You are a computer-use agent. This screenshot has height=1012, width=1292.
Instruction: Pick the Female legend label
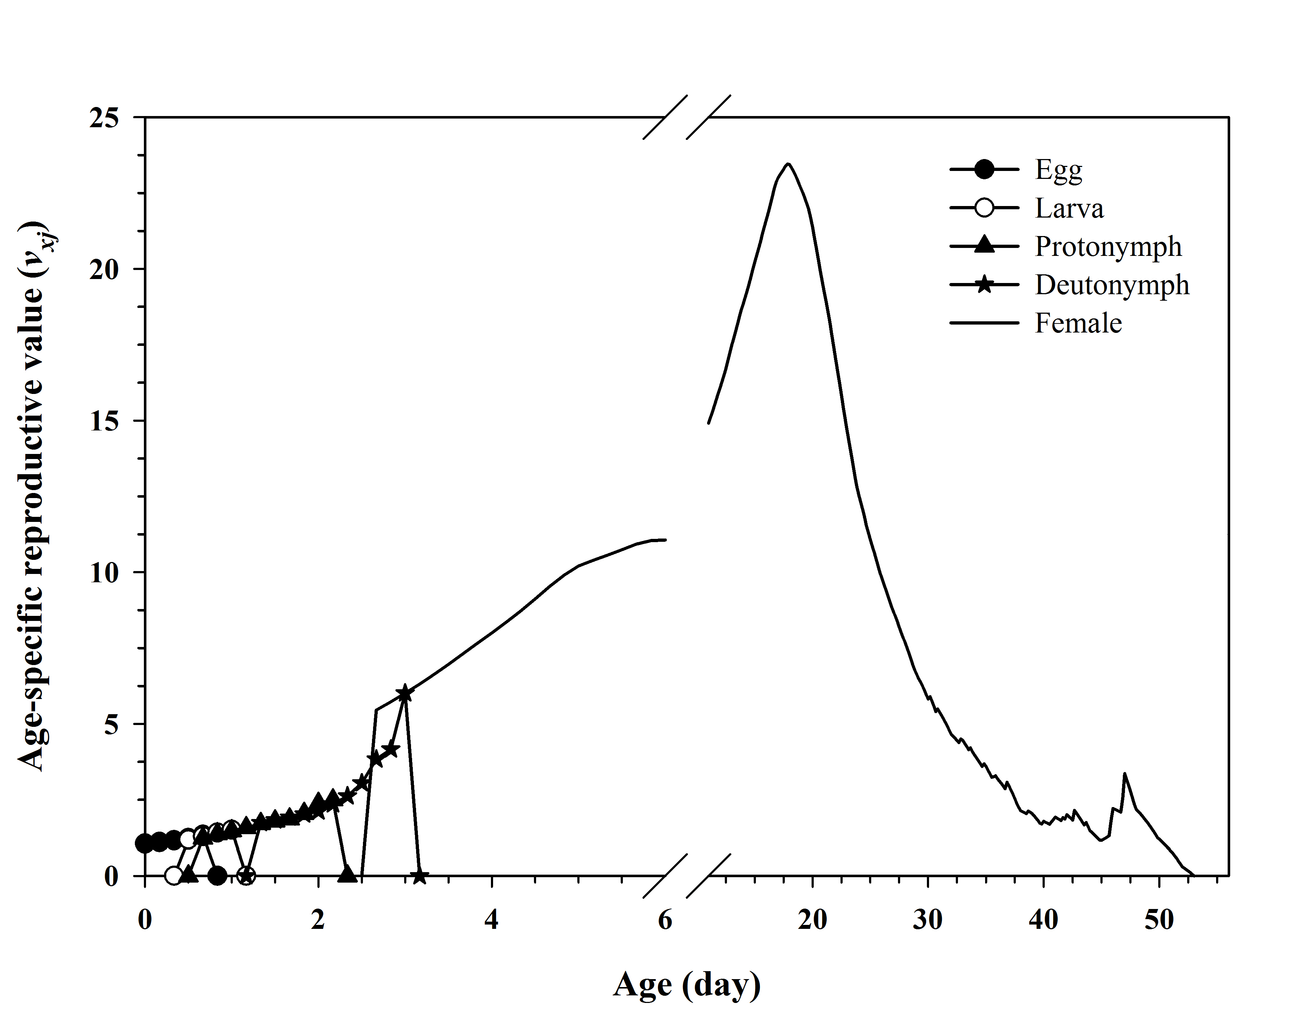pyautogui.click(x=1078, y=323)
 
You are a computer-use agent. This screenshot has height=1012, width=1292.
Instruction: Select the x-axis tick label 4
pyautogui.click(x=491, y=920)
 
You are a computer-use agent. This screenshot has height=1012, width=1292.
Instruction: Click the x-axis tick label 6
pyautogui.click(x=665, y=920)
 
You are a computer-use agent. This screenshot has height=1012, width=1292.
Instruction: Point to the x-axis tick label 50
pyautogui.click(x=1159, y=920)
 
